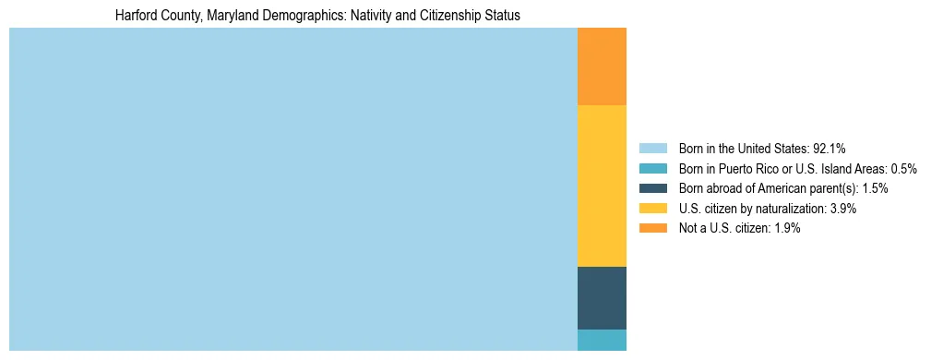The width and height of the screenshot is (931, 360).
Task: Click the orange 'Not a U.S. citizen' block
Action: tap(602, 66)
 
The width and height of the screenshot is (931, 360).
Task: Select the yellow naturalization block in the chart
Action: tap(602, 186)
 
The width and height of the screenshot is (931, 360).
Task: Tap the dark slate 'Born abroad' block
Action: tap(602, 297)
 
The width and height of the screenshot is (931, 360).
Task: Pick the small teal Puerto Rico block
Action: tap(602, 340)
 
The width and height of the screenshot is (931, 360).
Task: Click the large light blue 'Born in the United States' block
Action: tap(292, 189)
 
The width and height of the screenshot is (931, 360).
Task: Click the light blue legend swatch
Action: tap(652, 149)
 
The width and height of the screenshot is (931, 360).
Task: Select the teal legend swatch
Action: tap(652, 169)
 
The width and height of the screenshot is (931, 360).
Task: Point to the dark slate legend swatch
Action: tap(652, 188)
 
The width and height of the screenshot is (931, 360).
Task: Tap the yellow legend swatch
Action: tap(652, 209)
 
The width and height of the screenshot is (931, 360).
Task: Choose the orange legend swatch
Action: tap(652, 229)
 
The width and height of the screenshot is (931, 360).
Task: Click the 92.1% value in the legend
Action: tap(829, 149)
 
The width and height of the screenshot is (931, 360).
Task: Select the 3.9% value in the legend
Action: tap(842, 209)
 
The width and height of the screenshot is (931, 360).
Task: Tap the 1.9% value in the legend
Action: tap(787, 229)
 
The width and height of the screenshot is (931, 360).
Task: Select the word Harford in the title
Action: tap(137, 16)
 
